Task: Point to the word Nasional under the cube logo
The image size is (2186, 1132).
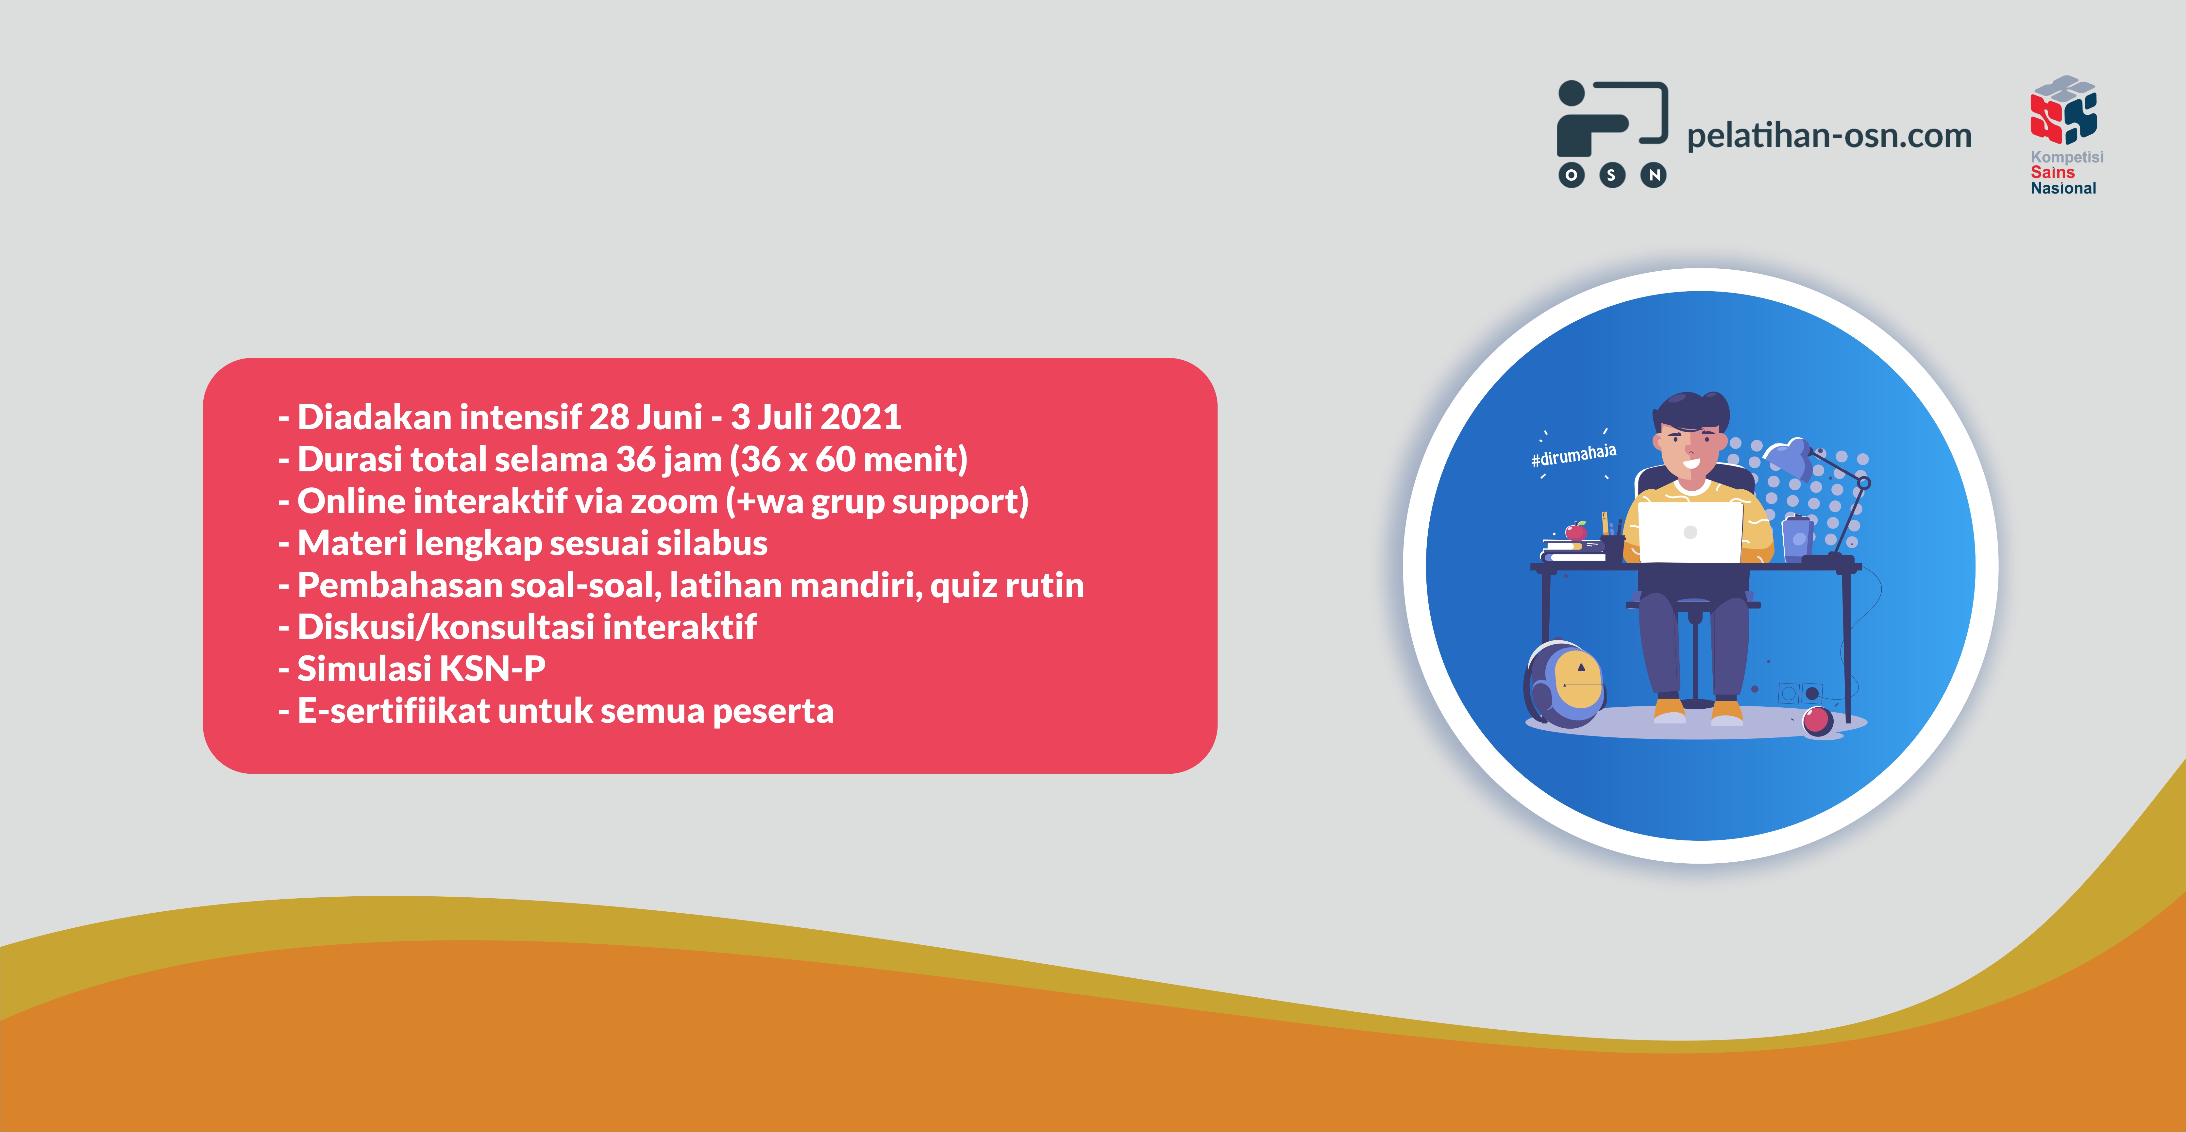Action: [x=2063, y=188]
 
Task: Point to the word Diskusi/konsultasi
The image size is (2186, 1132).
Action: [x=446, y=627]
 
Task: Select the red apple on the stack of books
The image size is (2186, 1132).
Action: [x=1576, y=531]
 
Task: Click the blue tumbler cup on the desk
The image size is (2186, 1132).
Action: [x=1796, y=538]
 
